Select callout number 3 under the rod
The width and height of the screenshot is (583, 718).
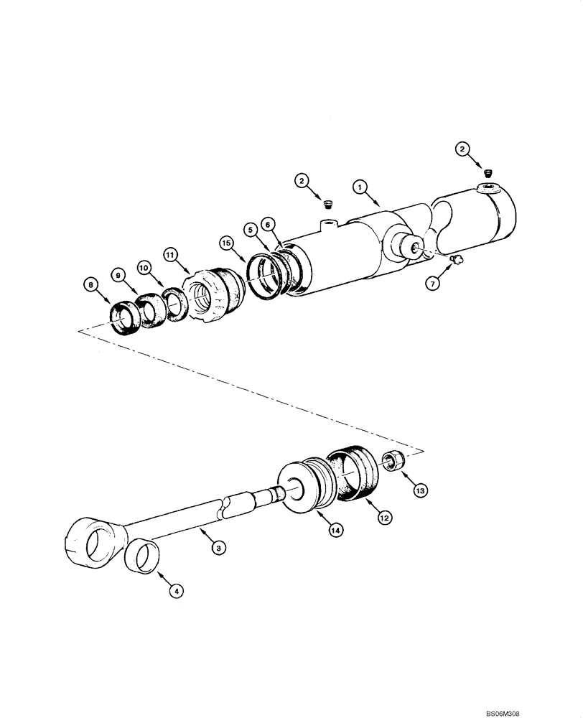[x=220, y=548]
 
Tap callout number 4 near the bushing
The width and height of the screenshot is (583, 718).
[x=176, y=592]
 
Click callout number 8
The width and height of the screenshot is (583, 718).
[x=90, y=284]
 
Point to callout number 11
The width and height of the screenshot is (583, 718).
[x=169, y=254]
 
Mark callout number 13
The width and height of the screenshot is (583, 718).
[x=419, y=491]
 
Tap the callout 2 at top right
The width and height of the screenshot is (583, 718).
[x=463, y=149]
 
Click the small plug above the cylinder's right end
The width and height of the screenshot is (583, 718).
[x=489, y=172]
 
